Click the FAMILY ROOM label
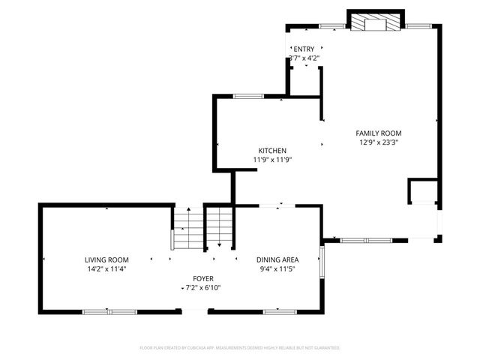coord(378,133)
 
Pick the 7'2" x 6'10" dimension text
coord(203,287)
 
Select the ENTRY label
coord(304,49)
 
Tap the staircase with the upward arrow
coord(187,229)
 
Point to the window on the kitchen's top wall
coord(248,96)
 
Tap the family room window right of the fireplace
coord(416,26)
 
